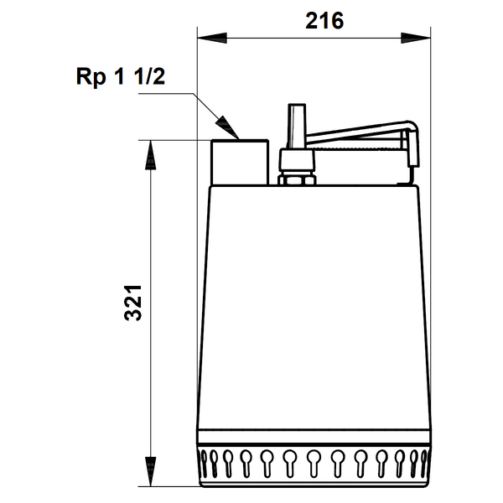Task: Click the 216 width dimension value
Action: tap(324, 21)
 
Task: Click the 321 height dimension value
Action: tap(132, 303)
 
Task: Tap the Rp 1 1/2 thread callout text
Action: tap(121, 76)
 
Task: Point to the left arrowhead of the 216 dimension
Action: tap(212, 38)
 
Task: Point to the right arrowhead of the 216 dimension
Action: tap(416, 38)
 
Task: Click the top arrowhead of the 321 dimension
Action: tap(150, 155)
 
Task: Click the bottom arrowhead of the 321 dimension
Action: tap(150, 471)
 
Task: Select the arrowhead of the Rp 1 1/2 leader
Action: tap(228, 127)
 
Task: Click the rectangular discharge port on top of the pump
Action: tap(240, 163)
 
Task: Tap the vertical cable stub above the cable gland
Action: tap(297, 126)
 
